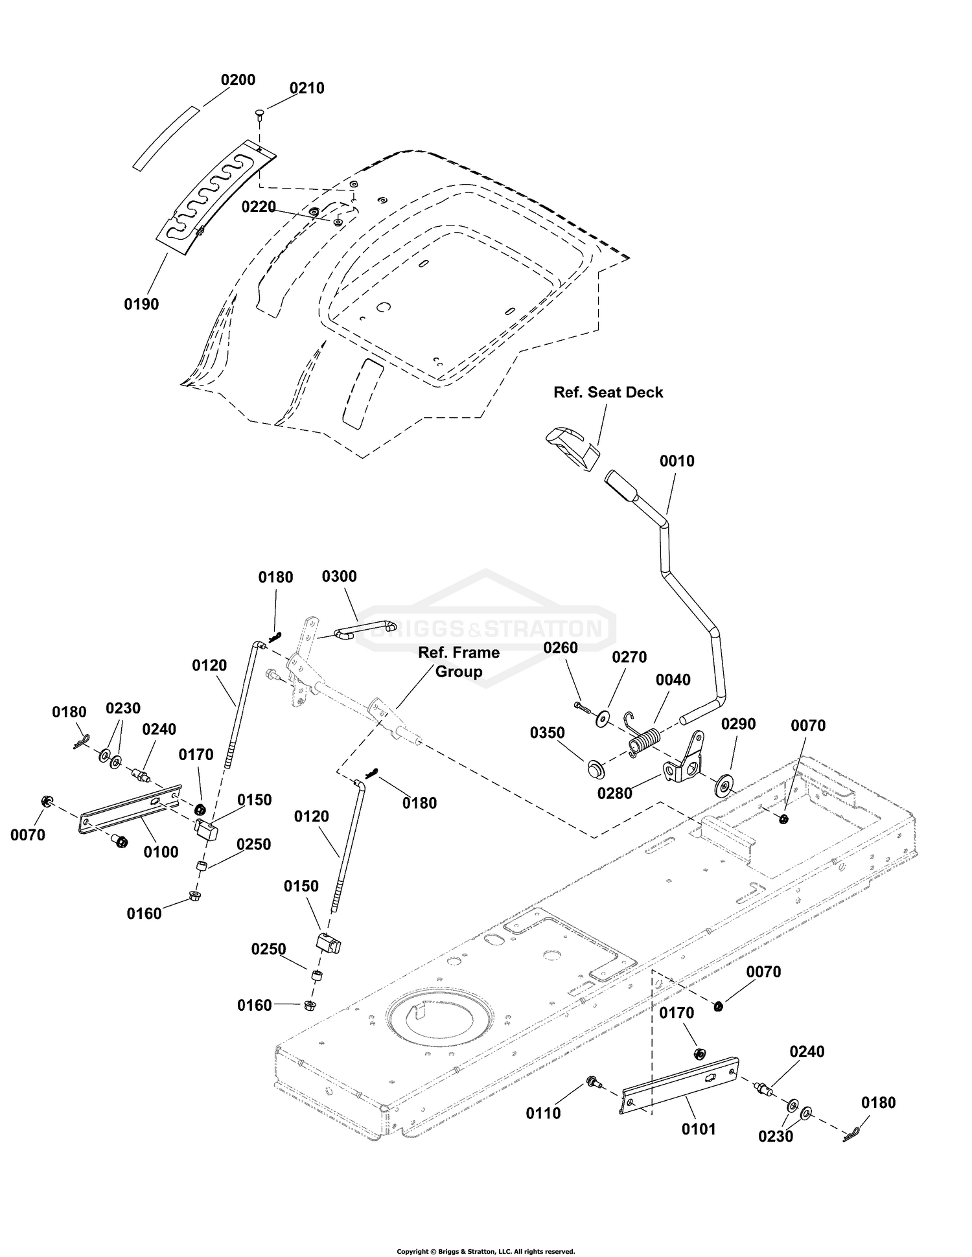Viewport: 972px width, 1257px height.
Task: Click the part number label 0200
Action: click(238, 80)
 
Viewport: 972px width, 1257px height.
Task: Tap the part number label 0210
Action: click(307, 88)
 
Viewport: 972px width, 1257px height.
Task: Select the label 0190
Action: click(141, 304)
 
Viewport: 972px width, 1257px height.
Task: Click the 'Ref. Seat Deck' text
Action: click(608, 392)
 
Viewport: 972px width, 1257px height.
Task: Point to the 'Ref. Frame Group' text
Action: click(459, 662)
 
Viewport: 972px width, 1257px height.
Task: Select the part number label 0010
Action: click(677, 461)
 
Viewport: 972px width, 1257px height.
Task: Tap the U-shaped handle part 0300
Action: click(364, 630)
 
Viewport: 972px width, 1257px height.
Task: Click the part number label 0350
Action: click(547, 732)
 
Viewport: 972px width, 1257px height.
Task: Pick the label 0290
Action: click(738, 724)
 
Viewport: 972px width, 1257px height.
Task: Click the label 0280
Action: click(614, 792)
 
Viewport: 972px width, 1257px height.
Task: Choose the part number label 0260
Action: click(561, 647)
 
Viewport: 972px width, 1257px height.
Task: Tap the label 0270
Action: click(629, 657)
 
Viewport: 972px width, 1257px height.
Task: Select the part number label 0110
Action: click(543, 1113)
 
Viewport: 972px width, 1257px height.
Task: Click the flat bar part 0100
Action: click(130, 808)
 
